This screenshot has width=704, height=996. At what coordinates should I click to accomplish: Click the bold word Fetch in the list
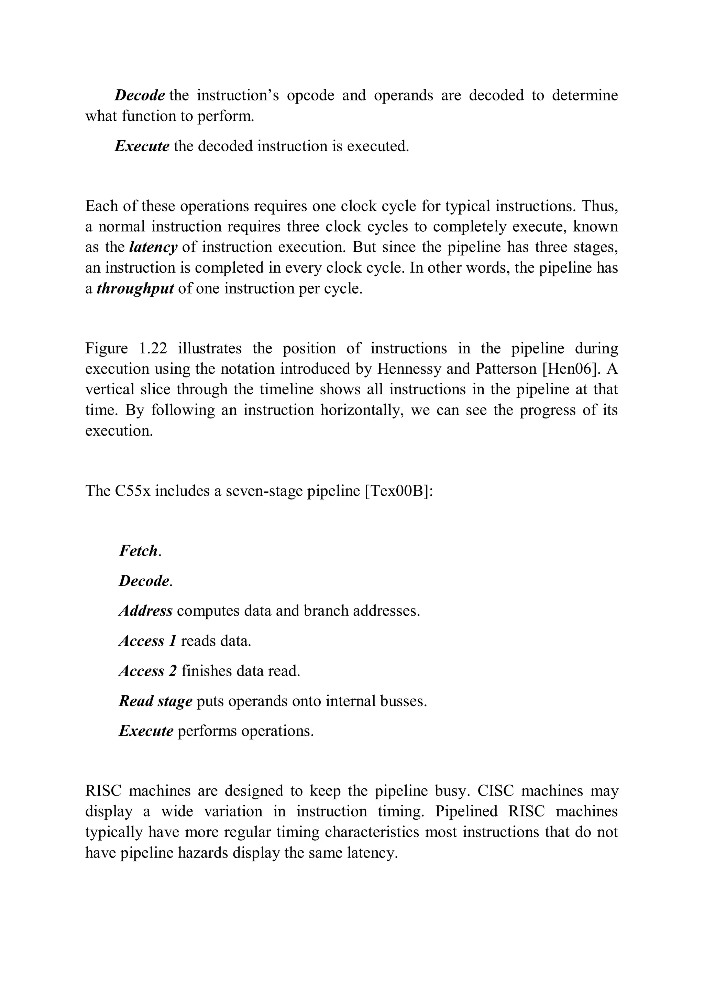point(138,551)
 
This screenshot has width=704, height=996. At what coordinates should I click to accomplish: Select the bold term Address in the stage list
point(145,611)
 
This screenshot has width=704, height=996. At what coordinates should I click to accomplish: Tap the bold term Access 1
point(147,641)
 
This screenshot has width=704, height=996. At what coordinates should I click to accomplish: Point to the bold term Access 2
point(147,671)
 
